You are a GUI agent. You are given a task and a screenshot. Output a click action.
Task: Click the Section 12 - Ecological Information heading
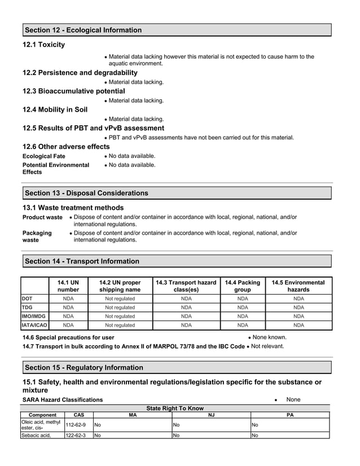(x=84, y=30)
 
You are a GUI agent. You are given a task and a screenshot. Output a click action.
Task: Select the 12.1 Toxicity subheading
(x=43, y=45)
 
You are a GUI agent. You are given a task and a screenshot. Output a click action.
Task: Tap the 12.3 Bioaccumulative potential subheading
(x=73, y=91)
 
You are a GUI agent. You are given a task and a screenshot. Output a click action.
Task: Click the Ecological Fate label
(x=43, y=156)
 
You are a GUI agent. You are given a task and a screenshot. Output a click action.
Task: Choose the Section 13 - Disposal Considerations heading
(x=87, y=193)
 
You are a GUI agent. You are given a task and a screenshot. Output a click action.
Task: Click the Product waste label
(x=42, y=217)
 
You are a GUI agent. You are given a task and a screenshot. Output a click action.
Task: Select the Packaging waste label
(x=37, y=236)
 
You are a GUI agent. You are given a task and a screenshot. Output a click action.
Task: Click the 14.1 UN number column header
(x=68, y=286)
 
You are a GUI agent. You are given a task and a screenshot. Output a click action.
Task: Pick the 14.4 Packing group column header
(x=243, y=286)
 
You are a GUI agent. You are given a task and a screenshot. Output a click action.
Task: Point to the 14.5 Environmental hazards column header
(x=298, y=286)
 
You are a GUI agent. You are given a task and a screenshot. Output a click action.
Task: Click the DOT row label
(x=27, y=298)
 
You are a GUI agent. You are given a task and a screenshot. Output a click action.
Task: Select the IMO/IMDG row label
(x=33, y=316)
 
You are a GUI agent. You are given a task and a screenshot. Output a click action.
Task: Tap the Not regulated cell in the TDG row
(x=120, y=307)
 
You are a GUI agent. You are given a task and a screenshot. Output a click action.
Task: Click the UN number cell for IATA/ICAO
(x=68, y=326)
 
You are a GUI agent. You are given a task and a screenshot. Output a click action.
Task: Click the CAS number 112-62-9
(x=76, y=425)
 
